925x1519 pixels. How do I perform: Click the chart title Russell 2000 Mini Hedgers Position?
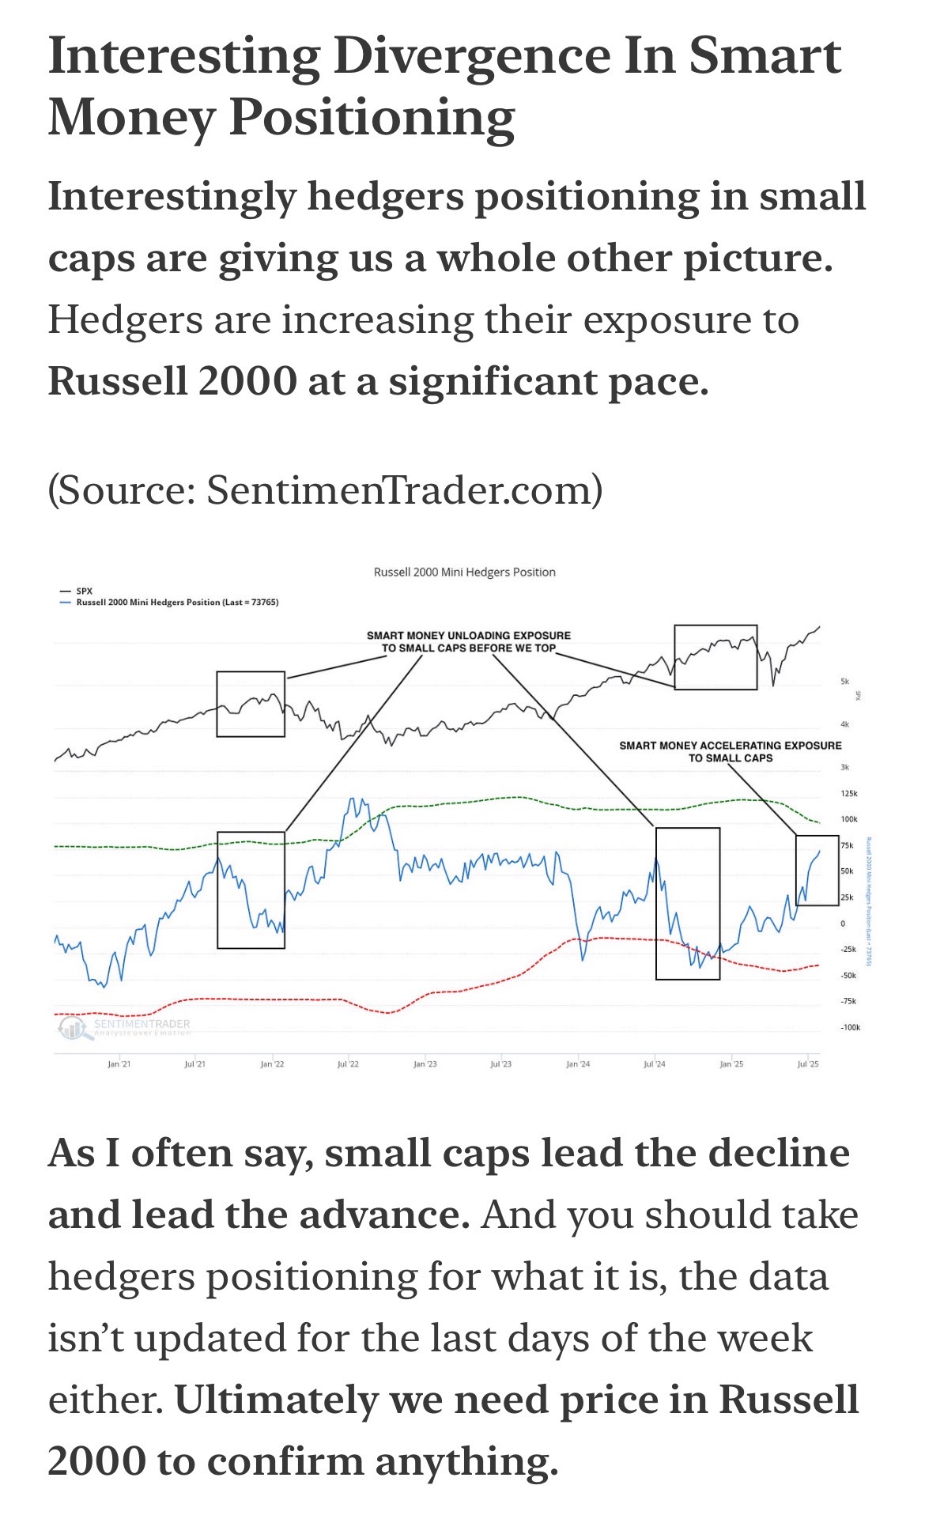pos(464,572)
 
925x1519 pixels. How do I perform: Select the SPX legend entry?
pos(84,591)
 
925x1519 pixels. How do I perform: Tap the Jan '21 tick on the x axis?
pos(119,1064)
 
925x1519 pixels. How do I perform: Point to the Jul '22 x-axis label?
pos(348,1064)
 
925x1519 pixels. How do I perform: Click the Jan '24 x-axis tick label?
pos(578,1064)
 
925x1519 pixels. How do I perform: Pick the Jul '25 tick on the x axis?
pos(808,1064)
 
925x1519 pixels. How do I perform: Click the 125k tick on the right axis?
pos(849,793)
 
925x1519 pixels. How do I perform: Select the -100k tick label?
pos(850,1027)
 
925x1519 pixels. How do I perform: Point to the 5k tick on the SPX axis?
pos(844,681)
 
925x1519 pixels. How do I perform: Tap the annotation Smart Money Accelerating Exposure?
pos(730,750)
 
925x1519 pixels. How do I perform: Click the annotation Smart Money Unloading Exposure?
pos(468,641)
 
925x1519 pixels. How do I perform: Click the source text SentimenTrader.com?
pos(399,490)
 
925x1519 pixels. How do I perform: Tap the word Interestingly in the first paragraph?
pos(171,196)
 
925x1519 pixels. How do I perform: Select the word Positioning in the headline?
pos(372,119)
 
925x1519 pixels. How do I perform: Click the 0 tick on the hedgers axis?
pos(843,923)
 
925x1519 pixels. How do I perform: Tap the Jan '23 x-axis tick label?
pos(425,1064)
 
